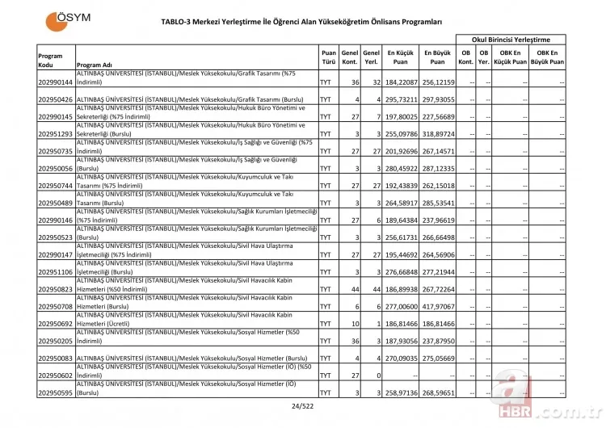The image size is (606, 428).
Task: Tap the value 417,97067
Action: [437, 306]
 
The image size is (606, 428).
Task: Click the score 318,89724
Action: [437, 133]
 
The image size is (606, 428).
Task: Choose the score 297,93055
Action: [437, 99]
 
